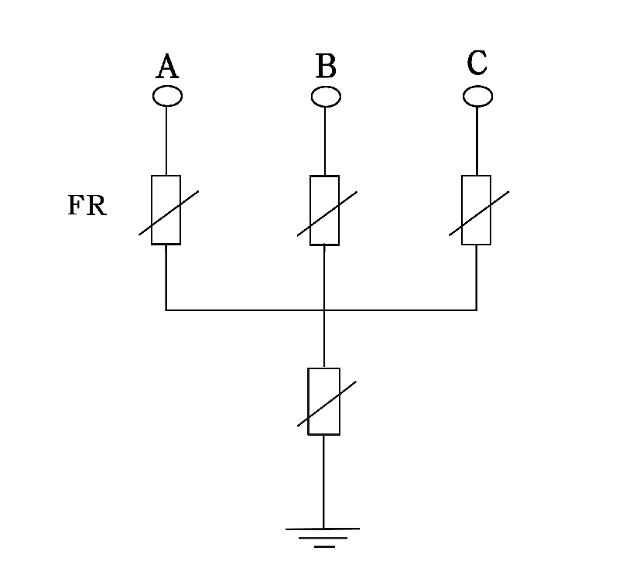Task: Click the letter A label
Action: tap(167, 68)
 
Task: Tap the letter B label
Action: tap(326, 68)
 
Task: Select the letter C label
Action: tap(477, 63)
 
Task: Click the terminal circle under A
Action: tap(167, 96)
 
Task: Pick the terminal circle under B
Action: tap(326, 96)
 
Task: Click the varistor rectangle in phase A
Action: tap(166, 210)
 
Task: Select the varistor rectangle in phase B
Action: tap(324, 211)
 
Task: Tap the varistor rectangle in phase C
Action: tap(476, 210)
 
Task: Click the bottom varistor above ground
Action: tap(324, 401)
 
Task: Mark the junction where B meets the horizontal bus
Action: tap(324, 310)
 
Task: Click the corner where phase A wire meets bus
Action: tap(166, 310)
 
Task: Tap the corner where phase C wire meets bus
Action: tap(476, 310)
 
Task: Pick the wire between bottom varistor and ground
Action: tap(323, 480)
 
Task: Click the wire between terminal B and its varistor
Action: tap(325, 141)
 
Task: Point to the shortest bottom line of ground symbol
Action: tap(324, 546)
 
